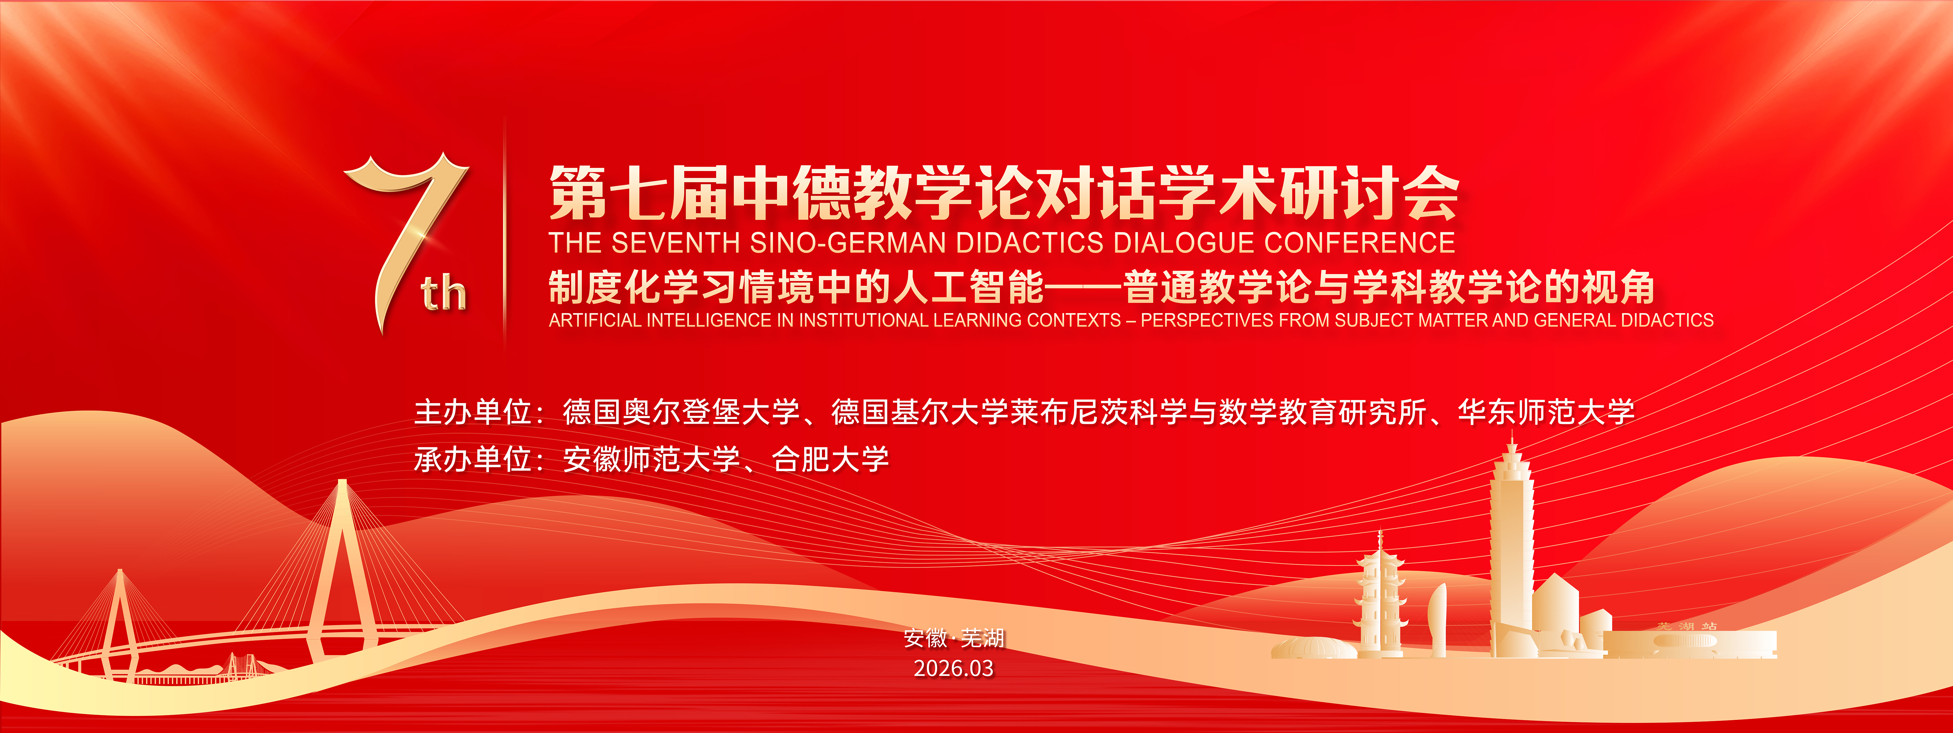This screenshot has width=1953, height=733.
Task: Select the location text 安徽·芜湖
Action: click(x=954, y=638)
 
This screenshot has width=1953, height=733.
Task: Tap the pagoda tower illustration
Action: click(x=1380, y=596)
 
